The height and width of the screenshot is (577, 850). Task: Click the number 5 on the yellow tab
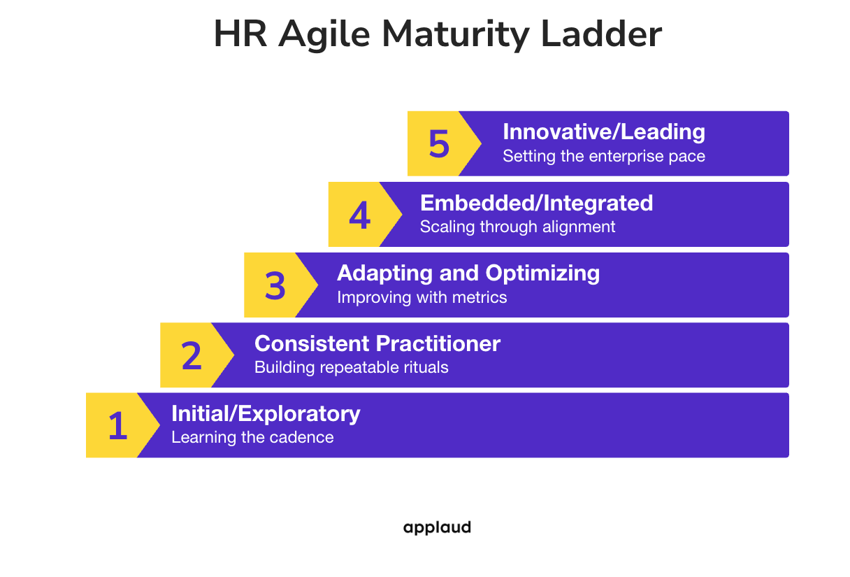[x=439, y=143]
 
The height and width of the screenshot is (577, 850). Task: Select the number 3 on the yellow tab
[x=275, y=285]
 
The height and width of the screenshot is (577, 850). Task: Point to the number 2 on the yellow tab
[x=192, y=355]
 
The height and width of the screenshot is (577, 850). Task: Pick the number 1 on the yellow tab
[x=117, y=425]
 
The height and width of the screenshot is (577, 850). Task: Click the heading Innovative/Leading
[x=604, y=132]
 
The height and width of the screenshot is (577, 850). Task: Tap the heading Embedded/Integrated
[x=536, y=203]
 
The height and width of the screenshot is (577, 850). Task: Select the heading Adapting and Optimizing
[x=468, y=273]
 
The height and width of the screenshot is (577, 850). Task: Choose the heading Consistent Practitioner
[x=377, y=343]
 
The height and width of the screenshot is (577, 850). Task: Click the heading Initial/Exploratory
[x=266, y=413]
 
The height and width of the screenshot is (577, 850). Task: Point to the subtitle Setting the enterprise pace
[x=604, y=156]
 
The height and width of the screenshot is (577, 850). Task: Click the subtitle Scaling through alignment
[x=517, y=227]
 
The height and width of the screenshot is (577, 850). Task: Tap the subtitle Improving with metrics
[x=422, y=297]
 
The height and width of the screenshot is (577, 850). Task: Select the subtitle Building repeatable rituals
[x=351, y=367]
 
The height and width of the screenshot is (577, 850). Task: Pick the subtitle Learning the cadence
[x=252, y=438]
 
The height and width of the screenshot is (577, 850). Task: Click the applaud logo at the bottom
[x=437, y=527]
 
